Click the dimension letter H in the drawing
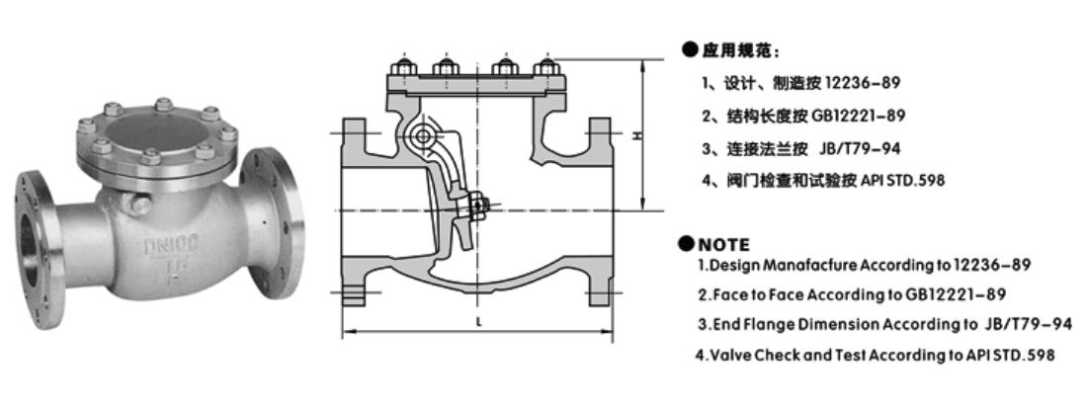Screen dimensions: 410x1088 638,136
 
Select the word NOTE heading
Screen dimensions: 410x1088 723,244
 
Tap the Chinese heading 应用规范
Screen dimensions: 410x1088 739,49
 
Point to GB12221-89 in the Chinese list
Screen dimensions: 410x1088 859,116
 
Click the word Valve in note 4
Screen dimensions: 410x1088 730,355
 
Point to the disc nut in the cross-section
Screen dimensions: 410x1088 478,205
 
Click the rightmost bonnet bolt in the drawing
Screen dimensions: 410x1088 544,69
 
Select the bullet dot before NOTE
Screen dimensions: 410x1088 687,243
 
